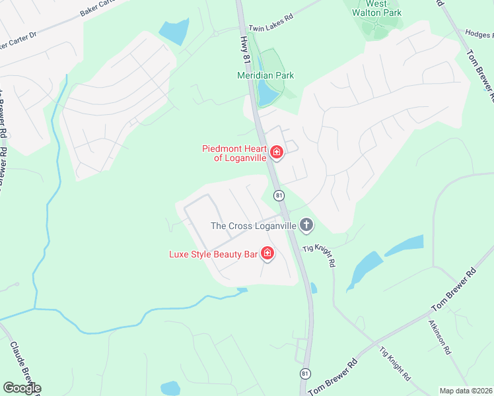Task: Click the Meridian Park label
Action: [265, 75]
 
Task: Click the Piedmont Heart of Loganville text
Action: [234, 153]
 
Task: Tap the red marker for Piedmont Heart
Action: [277, 153]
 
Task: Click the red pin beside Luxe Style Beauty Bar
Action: [267, 253]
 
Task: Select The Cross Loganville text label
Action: [254, 226]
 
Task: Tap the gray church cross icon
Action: [306, 226]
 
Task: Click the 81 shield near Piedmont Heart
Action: [279, 195]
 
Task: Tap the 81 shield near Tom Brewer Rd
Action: [305, 374]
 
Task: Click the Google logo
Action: [22, 388]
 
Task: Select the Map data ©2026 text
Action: [466, 391]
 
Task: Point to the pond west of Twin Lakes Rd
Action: [174, 32]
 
